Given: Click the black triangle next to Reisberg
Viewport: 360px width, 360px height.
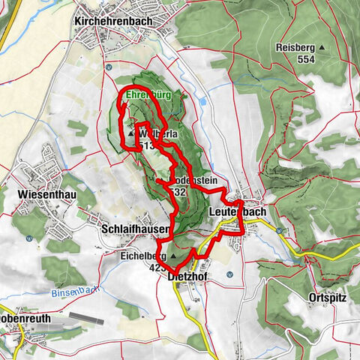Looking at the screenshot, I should coord(322,47).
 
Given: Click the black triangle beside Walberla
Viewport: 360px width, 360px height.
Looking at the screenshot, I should coord(131,135).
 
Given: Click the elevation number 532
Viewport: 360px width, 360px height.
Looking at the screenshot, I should coord(178,192).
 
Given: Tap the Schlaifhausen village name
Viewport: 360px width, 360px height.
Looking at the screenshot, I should coord(136,227).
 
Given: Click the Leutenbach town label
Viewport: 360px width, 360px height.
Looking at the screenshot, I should coord(236,212).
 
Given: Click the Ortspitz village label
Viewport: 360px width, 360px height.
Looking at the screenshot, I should coord(327,297).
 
